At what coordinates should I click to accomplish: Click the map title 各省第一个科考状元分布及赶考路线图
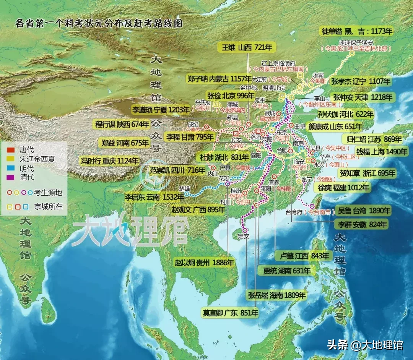[99, 23]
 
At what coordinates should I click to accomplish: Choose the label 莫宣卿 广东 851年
[230, 313]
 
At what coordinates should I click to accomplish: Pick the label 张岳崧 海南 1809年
[277, 295]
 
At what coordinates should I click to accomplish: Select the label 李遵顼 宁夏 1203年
[161, 110]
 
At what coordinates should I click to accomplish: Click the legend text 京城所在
[48, 207]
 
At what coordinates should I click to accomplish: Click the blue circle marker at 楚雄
[186, 194]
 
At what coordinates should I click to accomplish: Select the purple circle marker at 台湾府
[312, 206]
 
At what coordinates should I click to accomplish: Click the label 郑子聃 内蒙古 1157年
[219, 79]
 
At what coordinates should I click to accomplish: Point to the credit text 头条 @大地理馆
[365, 345]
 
